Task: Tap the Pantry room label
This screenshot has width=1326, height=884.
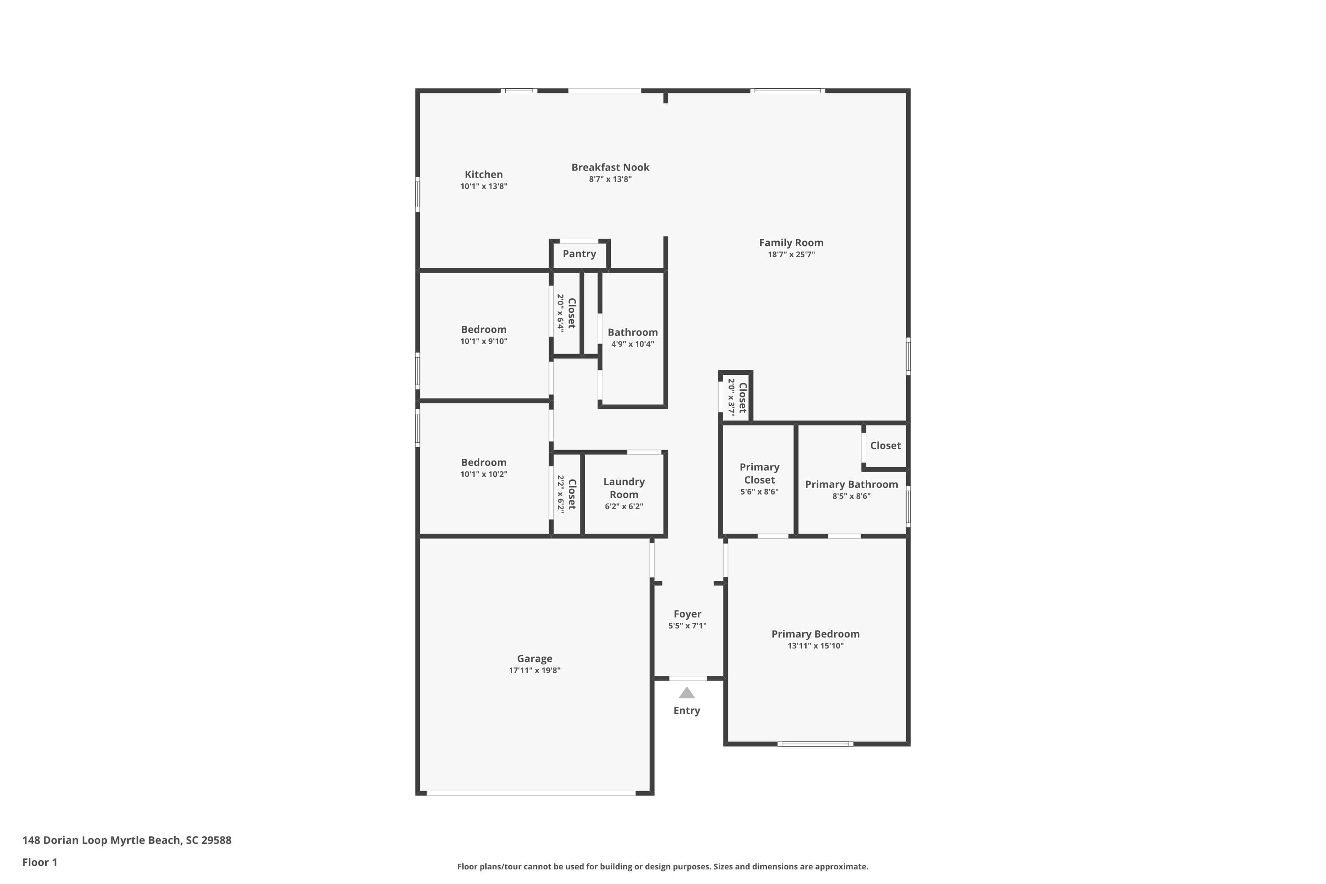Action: [579, 254]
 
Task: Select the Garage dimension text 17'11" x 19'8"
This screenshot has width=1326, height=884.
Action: [534, 671]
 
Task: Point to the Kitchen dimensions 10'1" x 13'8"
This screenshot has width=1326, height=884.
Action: [483, 187]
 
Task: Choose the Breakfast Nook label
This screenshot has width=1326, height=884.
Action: [610, 168]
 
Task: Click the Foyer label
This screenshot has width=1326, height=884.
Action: [687, 614]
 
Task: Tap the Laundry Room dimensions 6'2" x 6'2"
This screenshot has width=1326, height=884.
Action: [624, 506]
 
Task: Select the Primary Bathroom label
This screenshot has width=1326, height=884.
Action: [851, 484]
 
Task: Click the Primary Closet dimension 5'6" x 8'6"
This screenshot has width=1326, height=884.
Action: [759, 492]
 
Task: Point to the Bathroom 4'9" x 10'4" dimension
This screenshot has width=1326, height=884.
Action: [632, 344]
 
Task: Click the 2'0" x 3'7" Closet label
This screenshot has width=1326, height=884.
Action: [742, 397]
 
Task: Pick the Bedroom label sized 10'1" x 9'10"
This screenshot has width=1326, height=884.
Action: [483, 329]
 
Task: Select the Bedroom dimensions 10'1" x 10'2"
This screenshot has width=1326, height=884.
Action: [483, 474]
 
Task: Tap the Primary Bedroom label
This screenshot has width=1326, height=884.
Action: [815, 634]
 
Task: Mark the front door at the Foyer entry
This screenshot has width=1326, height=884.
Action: [688, 678]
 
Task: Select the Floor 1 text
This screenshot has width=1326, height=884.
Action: [39, 862]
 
